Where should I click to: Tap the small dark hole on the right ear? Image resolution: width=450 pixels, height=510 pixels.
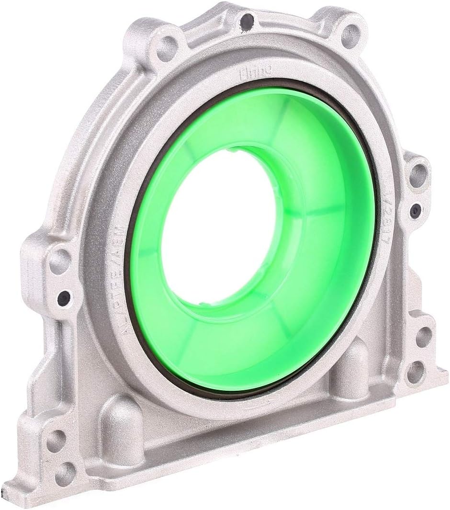click(x=415, y=209)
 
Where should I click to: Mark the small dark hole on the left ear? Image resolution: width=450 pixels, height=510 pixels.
click(x=63, y=299)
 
